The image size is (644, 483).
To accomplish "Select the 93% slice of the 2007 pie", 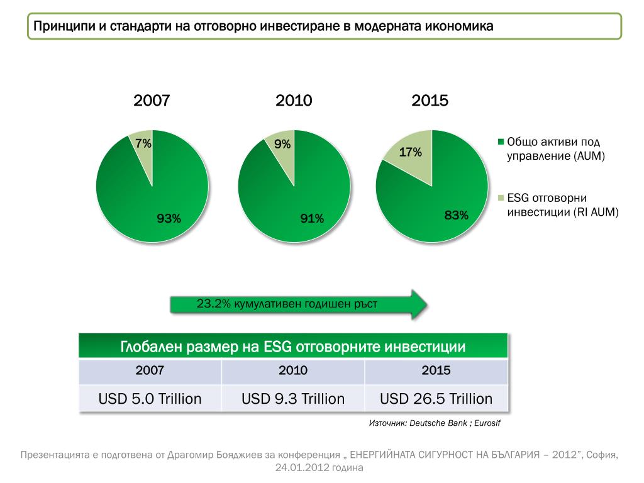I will click(157, 201).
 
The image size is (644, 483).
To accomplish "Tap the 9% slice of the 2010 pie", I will click(282, 151).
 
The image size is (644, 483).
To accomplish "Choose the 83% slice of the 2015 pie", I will click(440, 201).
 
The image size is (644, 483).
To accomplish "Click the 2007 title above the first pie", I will click(152, 100).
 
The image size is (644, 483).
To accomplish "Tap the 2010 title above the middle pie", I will click(294, 100).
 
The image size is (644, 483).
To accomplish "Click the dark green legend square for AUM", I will click(501, 142).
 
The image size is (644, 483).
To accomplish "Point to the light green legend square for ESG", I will click(501, 197).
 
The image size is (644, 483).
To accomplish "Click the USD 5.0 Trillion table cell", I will click(150, 399).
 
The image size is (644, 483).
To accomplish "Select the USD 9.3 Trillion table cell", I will click(293, 399).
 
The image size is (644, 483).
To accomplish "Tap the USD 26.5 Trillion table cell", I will click(436, 399).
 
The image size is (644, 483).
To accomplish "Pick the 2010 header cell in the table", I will click(293, 370).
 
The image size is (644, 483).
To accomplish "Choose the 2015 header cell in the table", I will click(436, 370).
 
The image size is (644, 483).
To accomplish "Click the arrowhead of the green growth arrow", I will click(418, 304).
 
